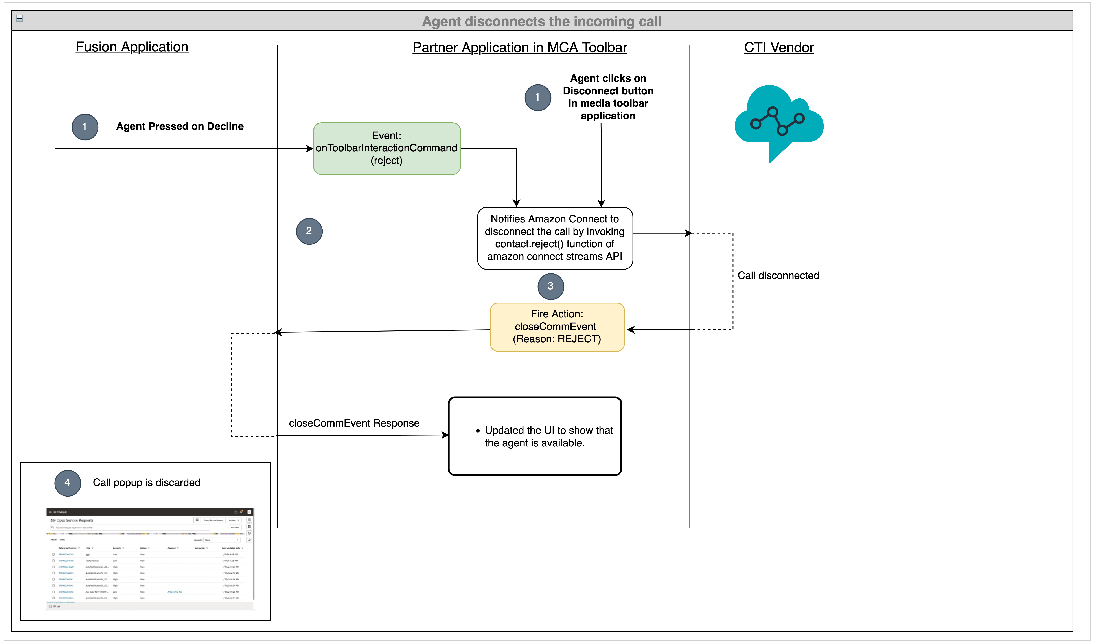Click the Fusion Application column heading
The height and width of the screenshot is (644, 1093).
(132, 47)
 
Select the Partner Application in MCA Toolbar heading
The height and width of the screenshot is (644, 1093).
(520, 47)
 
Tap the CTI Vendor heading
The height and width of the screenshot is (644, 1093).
(779, 47)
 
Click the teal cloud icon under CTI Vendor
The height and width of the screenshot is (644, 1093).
(779, 119)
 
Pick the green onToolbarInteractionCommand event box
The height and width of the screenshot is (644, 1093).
(387, 149)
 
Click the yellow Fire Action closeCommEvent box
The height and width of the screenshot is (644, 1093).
(557, 327)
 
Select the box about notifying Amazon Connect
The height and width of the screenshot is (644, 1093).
(555, 238)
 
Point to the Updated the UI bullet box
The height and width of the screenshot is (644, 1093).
(535, 436)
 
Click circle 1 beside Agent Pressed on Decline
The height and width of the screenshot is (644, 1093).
(85, 127)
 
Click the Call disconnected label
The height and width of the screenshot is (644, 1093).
(778, 275)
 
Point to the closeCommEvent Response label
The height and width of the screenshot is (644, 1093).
(354, 423)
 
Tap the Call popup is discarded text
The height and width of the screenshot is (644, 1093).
(146, 483)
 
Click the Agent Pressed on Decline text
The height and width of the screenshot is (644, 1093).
(180, 126)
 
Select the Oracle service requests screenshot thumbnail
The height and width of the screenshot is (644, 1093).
(150, 558)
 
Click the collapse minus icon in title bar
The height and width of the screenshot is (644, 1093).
(20, 18)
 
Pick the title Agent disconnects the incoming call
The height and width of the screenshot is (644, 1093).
(541, 21)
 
